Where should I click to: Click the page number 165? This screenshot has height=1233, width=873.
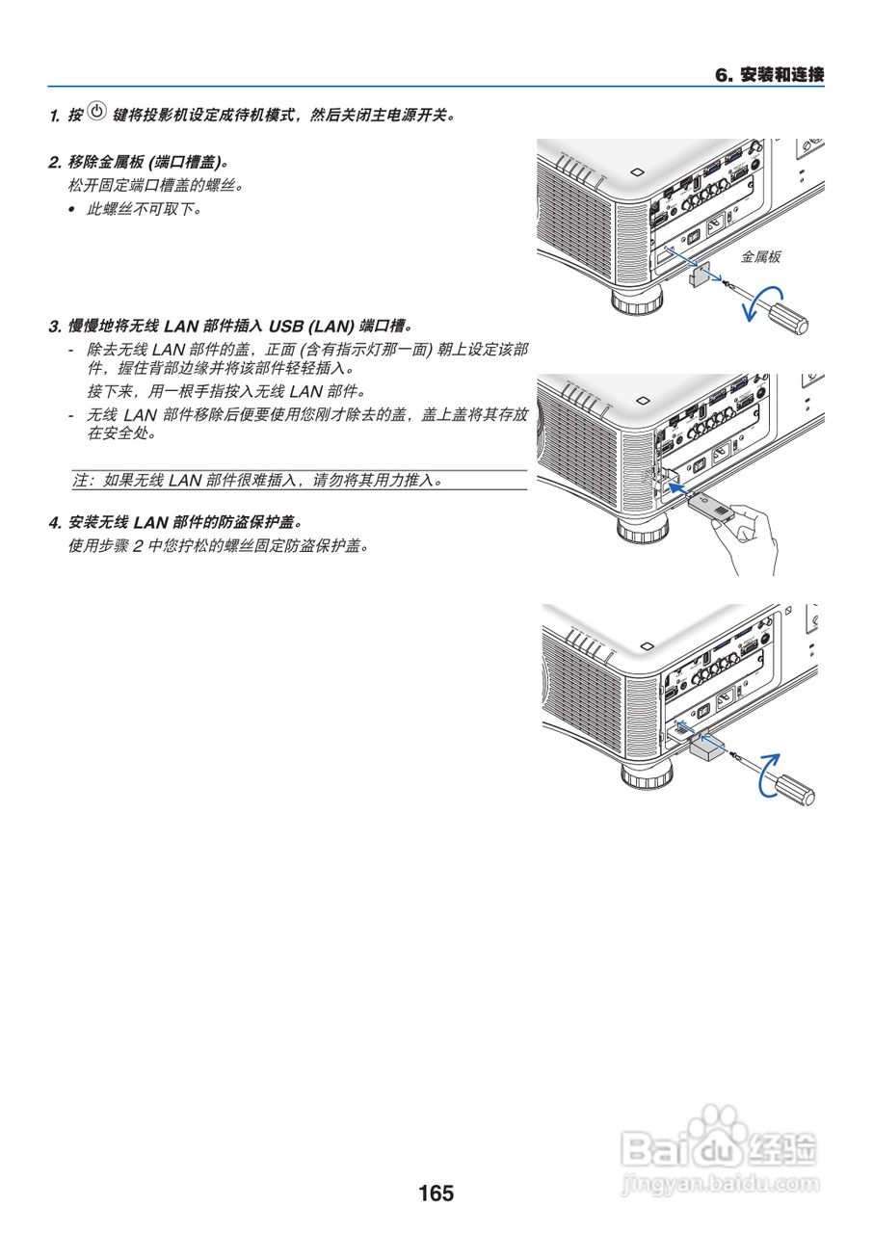(x=436, y=1194)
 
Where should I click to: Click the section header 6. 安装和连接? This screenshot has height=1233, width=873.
(x=769, y=74)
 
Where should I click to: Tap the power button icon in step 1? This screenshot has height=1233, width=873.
(x=96, y=113)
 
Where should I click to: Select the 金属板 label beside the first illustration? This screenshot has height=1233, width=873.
(x=759, y=257)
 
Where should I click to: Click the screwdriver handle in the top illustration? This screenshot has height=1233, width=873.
(x=787, y=317)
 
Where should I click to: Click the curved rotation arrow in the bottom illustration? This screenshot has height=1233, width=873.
(x=767, y=773)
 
